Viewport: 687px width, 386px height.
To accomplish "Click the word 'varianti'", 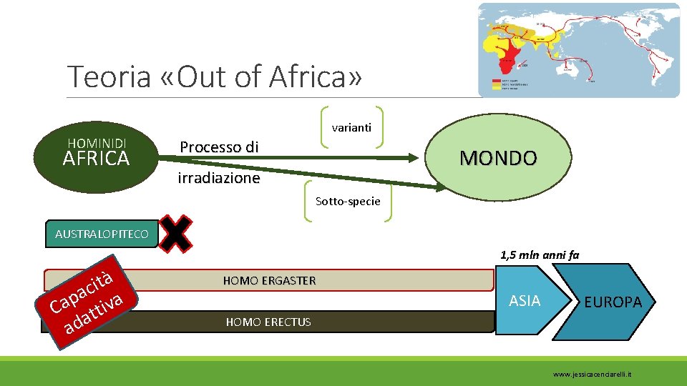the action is (x=351, y=128).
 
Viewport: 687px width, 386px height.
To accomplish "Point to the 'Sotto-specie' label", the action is (x=348, y=202).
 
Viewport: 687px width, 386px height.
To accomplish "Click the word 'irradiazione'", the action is (x=218, y=178).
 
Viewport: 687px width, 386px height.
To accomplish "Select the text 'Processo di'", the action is (x=218, y=147).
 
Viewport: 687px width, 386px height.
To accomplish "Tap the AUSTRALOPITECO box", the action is (x=102, y=234).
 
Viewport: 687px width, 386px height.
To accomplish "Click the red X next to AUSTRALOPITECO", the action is (x=176, y=232).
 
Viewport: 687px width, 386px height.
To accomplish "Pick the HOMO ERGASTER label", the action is (x=269, y=281).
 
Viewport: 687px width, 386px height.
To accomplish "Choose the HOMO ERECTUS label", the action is (x=268, y=322).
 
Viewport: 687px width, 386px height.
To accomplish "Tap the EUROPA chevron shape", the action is (x=608, y=301).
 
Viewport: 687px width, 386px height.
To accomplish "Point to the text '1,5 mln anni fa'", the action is (x=540, y=254).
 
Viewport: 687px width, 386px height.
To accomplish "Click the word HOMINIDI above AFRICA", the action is (x=97, y=144).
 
